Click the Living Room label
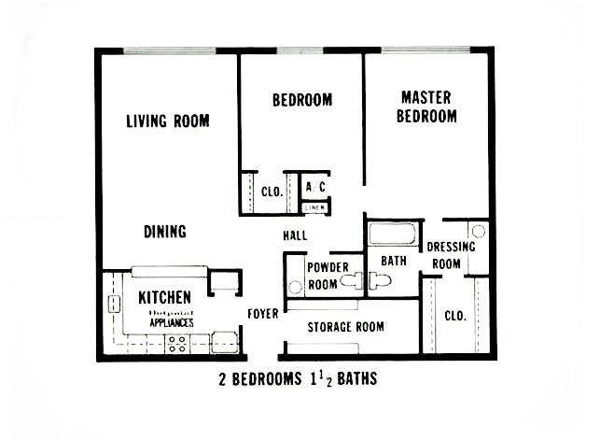click(168, 121)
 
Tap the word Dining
click(165, 232)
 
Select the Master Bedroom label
click(426, 106)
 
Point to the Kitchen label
click(165, 298)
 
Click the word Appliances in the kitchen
click(172, 322)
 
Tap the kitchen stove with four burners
click(177, 343)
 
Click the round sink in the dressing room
click(478, 231)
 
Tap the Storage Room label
click(346, 327)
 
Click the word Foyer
click(263, 314)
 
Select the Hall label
click(295, 234)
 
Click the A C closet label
click(315, 187)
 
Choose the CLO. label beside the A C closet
click(272, 192)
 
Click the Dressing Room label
click(451, 255)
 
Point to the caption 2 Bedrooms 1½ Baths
click(295, 381)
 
